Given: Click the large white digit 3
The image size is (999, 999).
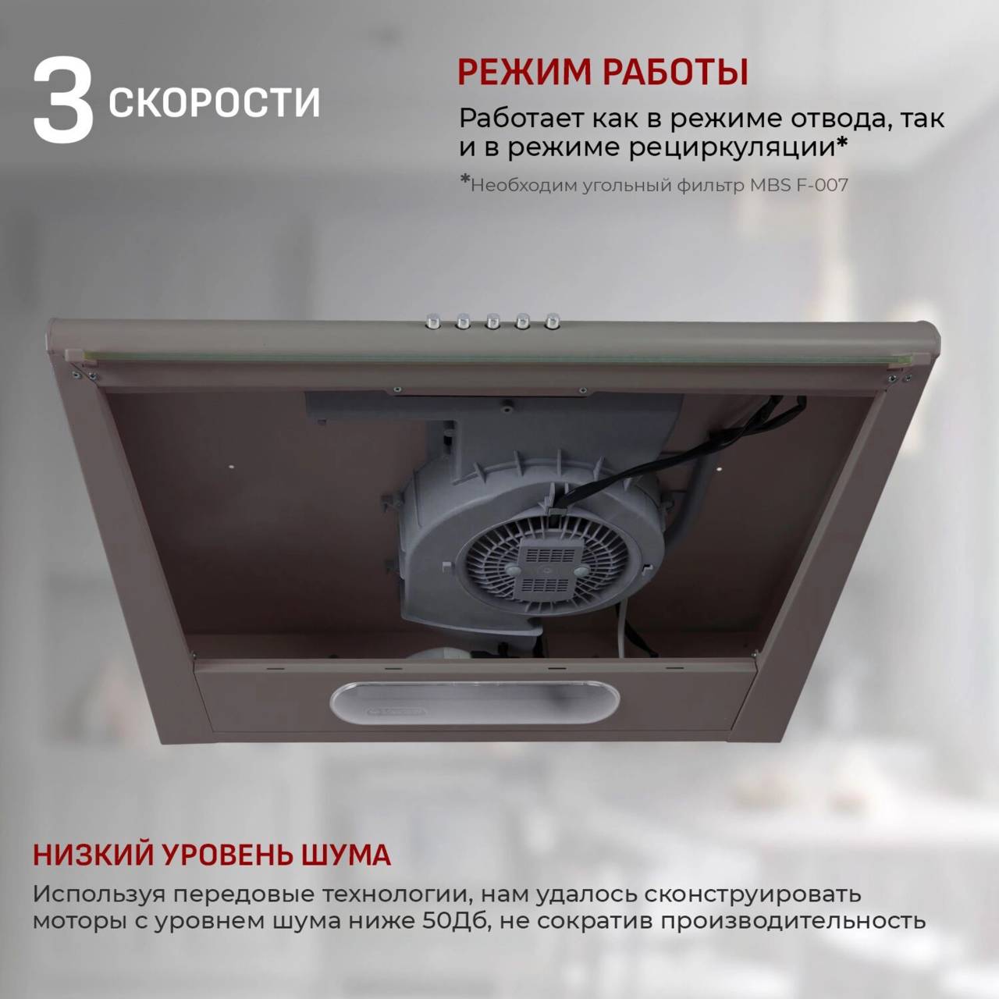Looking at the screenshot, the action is point(63,100).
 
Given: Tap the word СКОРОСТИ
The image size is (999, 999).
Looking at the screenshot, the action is point(215,103).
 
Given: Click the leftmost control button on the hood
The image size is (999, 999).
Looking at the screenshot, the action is point(432,321).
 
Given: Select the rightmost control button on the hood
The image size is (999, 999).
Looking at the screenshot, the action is point(553,321).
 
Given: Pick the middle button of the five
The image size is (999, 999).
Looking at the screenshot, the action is point(492,321).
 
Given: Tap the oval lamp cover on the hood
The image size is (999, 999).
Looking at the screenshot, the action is point(475,702).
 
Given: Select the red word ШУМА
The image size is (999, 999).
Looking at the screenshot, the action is point(346,812).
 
